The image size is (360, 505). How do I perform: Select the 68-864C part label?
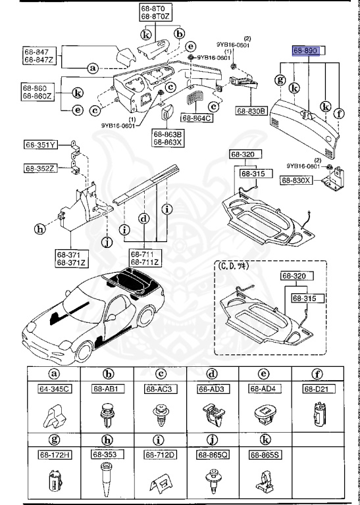point(197,118)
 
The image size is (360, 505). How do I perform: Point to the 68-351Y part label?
point(41,145)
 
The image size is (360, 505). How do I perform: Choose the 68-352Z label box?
point(41,168)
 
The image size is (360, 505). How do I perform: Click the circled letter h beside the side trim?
point(40,229)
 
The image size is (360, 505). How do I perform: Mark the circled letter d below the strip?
point(143,218)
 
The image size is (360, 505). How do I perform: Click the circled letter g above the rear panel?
point(280,80)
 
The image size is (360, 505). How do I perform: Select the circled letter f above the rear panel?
point(339,112)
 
